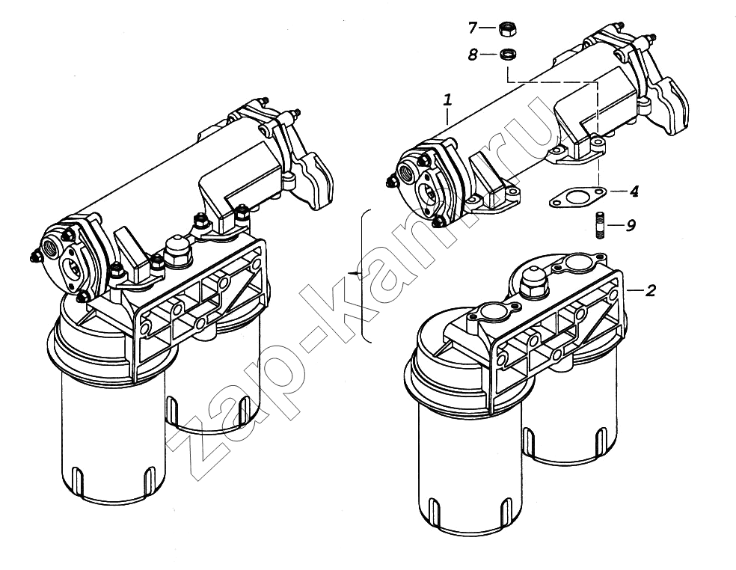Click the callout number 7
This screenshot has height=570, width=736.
pos(473,28)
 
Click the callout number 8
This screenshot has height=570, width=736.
pos(473,55)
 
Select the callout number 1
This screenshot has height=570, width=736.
pos(448,99)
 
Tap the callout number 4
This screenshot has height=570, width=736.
pos(634,191)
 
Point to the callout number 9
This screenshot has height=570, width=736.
pos(631,225)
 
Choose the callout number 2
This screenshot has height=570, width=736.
pos(650,291)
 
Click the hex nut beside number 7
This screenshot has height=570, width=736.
pos(507,28)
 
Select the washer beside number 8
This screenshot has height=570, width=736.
pos(507,54)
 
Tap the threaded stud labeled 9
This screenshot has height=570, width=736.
pos(601,225)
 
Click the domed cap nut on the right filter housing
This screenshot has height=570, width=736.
pos(532,281)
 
